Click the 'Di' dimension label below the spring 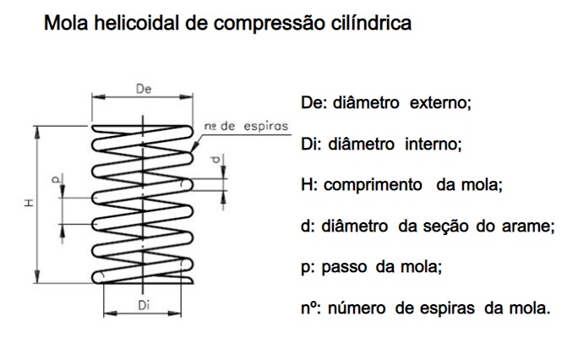click(x=143, y=308)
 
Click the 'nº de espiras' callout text click(x=246, y=125)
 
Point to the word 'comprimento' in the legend click(x=373, y=184)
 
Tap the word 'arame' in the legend click(x=532, y=226)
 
